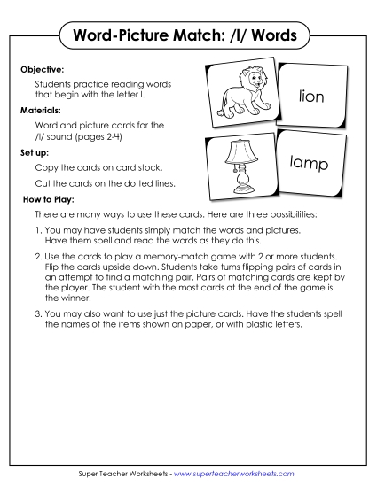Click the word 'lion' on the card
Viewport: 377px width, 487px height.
coord(318,95)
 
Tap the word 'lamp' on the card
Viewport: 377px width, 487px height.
coord(310,164)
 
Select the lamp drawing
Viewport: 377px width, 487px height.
coord(240,167)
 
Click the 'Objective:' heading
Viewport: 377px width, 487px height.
coord(41,66)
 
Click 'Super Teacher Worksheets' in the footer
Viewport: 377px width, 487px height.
coord(125,474)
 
